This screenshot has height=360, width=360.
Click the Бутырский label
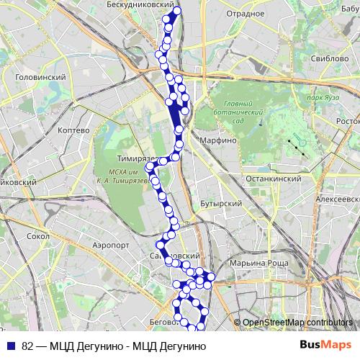point(220,204)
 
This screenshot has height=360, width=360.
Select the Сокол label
point(37,235)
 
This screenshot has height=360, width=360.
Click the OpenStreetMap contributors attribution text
point(297,323)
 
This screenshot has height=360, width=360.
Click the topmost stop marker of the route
point(178,12)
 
